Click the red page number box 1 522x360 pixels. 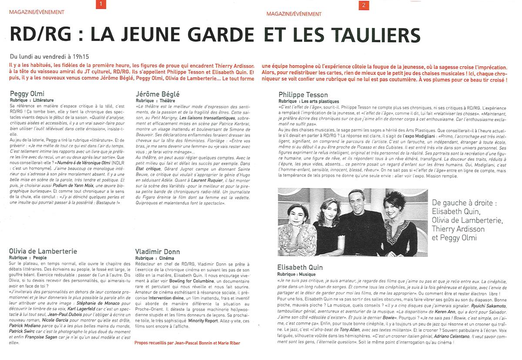point(101,5)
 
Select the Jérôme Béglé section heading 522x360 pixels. point(157,94)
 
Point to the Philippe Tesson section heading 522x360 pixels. point(303,94)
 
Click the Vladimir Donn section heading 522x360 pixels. point(157,252)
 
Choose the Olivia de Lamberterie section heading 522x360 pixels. point(43,251)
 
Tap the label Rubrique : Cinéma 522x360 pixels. point(157,258)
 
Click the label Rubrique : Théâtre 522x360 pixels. point(157,100)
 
